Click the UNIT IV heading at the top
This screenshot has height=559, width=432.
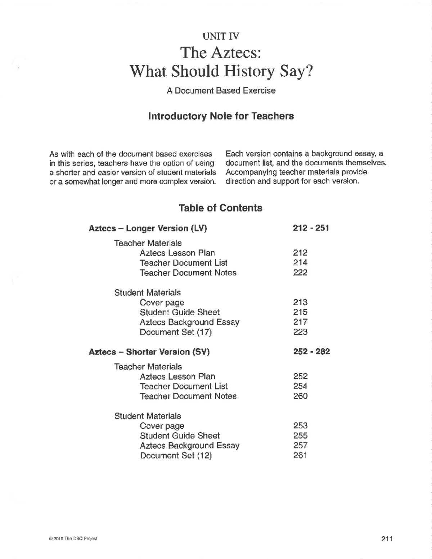[x=221, y=36]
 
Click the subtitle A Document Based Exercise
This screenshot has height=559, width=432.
[x=221, y=91]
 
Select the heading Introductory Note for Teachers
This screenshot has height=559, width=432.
[x=221, y=116]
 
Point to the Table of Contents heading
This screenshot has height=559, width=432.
[x=220, y=208]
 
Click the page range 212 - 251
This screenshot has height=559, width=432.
[x=311, y=228]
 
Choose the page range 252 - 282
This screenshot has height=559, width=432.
[x=311, y=351]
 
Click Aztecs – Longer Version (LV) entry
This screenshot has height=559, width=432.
[x=148, y=228]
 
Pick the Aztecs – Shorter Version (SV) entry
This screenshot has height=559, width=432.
[x=149, y=352]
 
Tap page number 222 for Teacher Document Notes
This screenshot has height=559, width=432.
[x=300, y=272]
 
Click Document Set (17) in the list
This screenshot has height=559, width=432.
[x=175, y=332]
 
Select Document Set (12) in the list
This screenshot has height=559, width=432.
[x=176, y=455]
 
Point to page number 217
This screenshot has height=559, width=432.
[x=300, y=322]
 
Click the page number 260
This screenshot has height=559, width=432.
[x=300, y=396]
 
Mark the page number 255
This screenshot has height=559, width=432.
[x=300, y=436]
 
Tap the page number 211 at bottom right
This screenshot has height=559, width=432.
[x=386, y=538]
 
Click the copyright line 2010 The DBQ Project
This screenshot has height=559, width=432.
[x=75, y=539]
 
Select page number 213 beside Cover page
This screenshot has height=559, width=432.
[x=300, y=302]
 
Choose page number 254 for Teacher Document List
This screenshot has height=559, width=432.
[x=300, y=386]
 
